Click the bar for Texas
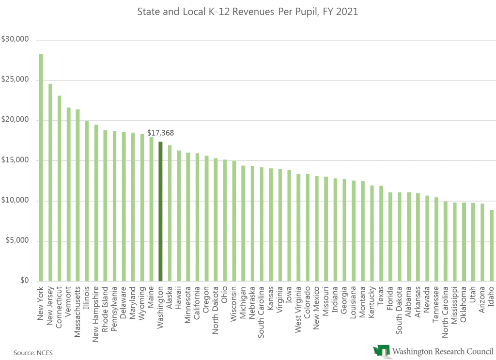pos(381,233)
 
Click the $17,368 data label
pos(160,132)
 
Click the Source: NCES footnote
pos(33,352)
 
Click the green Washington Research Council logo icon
pos(381,351)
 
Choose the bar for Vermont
pos(68,194)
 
